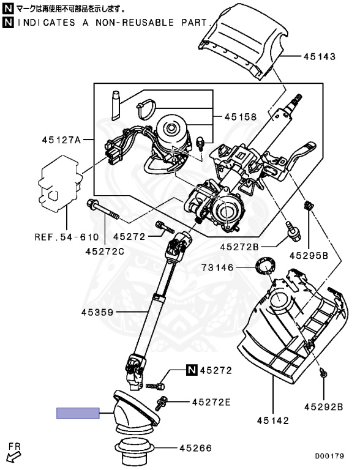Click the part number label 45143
click(x=319, y=57)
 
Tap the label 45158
click(x=240, y=116)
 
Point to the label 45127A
click(x=61, y=140)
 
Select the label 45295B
click(x=309, y=254)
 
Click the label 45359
click(x=98, y=313)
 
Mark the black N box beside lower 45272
click(x=192, y=370)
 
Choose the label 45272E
click(x=211, y=402)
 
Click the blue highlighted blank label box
click(x=78, y=413)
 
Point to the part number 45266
click(x=195, y=448)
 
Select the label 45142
click(x=272, y=420)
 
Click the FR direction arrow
click(x=12, y=457)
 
